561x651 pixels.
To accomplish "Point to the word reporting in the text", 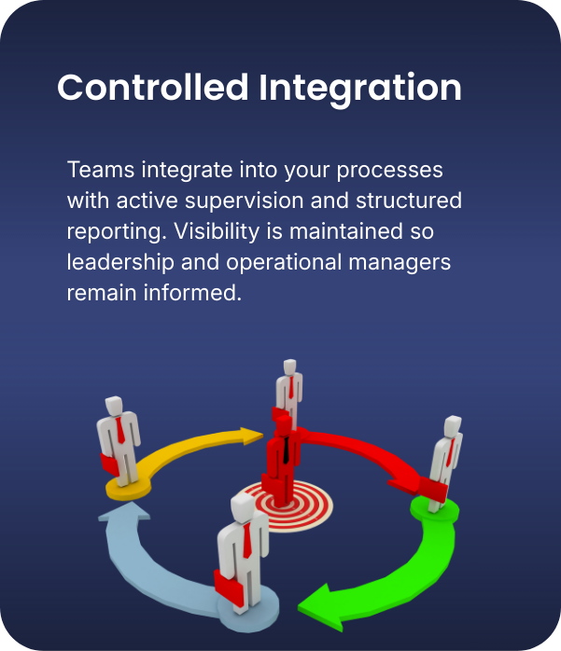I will [111, 232].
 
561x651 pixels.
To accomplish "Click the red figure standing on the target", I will [282, 457].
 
